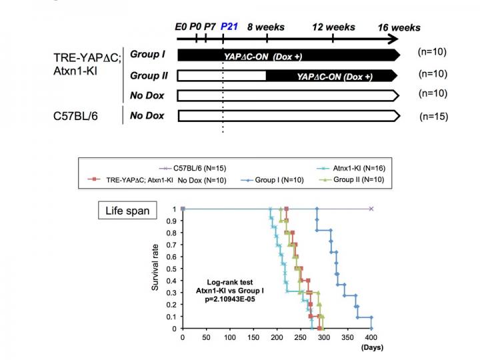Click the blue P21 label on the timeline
tap(230, 27)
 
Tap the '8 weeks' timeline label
tap(266, 27)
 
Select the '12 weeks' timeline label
tap(334, 27)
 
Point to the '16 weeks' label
tap(399, 27)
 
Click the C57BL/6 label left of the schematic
tap(80, 117)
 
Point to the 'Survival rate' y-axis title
tap(155, 268)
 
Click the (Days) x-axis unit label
tap(371, 347)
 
